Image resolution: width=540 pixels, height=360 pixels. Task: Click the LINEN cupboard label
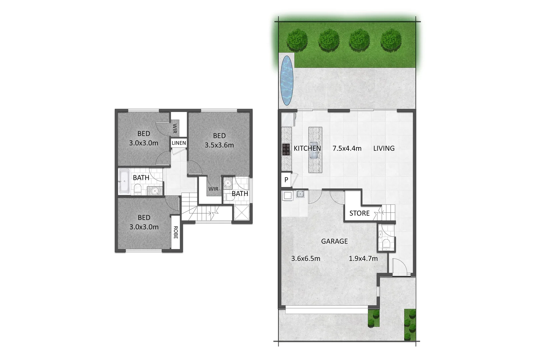(179, 143)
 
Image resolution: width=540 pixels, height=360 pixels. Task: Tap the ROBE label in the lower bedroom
(176, 232)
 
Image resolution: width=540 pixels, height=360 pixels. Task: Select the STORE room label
(359, 213)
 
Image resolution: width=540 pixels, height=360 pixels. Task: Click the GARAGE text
(334, 241)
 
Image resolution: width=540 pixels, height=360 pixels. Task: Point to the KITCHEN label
(307, 148)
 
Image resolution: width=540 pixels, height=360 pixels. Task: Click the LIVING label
(384, 148)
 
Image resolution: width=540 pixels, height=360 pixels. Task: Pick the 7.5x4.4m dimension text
(347, 148)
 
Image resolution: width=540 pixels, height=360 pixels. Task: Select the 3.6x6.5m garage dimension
(306, 258)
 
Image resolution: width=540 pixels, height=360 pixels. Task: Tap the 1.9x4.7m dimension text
(363, 258)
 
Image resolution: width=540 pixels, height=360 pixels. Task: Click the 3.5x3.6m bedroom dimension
(219, 145)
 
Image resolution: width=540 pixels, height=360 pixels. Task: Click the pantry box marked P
(286, 180)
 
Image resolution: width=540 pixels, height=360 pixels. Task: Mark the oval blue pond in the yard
(286, 80)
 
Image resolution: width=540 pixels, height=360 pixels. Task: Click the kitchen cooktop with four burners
(286, 149)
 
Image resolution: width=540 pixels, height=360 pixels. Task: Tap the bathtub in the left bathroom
(124, 181)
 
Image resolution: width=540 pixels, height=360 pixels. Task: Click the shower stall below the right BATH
(241, 212)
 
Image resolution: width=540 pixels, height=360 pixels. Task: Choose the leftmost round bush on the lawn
(297, 39)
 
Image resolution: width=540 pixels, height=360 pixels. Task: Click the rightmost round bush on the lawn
(391, 39)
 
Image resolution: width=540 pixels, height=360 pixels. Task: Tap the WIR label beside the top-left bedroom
(175, 128)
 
